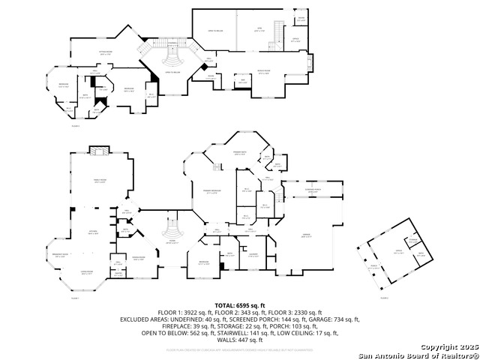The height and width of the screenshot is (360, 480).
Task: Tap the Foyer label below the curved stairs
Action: [x=172, y=241]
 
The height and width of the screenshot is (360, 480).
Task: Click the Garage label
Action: [x=306, y=236]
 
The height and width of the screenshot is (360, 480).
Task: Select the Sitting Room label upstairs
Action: [x=106, y=54]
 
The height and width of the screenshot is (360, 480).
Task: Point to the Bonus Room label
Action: [x=263, y=72]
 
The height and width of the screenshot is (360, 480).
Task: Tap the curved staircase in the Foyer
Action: [x=172, y=226]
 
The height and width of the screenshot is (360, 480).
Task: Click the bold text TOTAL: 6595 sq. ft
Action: [x=239, y=305]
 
